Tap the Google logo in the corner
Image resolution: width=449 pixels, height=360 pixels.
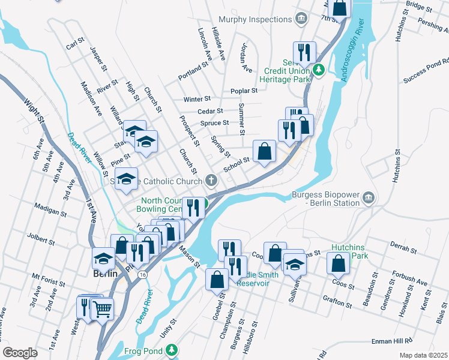[x=20, y=353]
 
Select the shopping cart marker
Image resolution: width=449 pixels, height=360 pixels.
[x=102, y=310]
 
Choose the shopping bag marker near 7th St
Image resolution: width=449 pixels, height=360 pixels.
[x=340, y=8]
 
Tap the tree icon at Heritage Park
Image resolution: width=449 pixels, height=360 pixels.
[x=319, y=70]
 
